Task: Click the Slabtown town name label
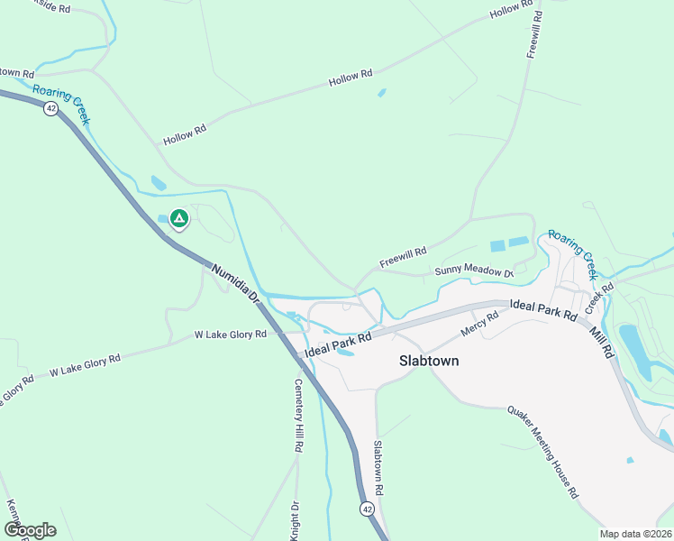pyautogui.click(x=429, y=361)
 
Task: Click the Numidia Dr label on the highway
pyautogui.click(x=235, y=284)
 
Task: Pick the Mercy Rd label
pyautogui.click(x=479, y=324)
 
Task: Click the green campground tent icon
pyautogui.click(x=179, y=218)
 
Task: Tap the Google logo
pyautogui.click(x=29, y=530)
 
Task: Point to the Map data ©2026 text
pyautogui.click(x=635, y=534)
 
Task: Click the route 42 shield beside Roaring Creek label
pyautogui.click(x=50, y=107)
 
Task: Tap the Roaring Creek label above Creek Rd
pyautogui.click(x=573, y=252)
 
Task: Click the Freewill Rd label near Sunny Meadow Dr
pyautogui.click(x=402, y=257)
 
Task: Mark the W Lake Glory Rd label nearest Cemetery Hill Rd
pyautogui.click(x=231, y=335)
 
